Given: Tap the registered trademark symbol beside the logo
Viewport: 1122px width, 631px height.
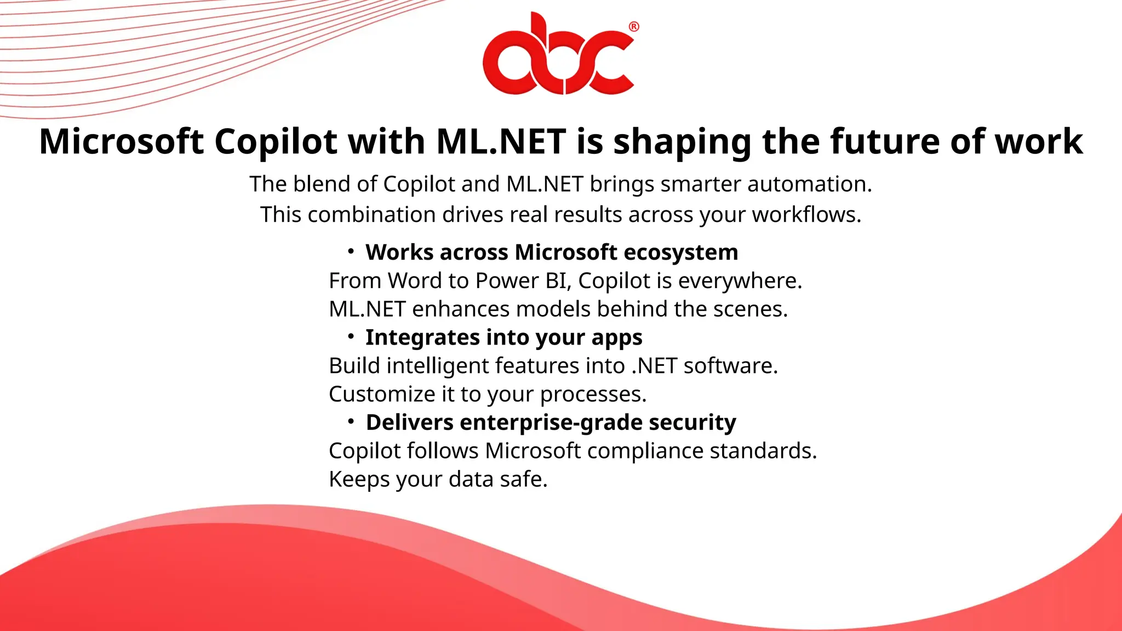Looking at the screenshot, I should pyautogui.click(x=634, y=27).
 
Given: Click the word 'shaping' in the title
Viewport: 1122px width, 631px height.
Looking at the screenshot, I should pyautogui.click(x=682, y=142).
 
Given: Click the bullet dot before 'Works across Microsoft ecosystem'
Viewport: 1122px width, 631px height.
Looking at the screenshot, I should pyautogui.click(x=351, y=251).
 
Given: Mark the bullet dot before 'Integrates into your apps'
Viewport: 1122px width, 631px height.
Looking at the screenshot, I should pyautogui.click(x=351, y=336).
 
